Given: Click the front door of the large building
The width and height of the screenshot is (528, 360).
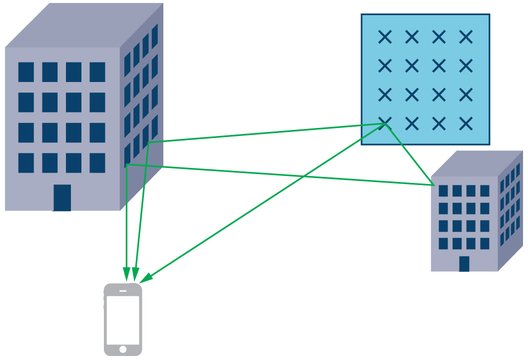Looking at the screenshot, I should tap(62, 197).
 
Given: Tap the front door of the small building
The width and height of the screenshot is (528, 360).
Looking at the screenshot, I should tap(464, 263).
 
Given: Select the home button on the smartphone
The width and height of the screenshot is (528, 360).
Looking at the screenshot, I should tap(123, 348).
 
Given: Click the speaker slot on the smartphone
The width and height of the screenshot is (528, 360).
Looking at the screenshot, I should tap(123, 291).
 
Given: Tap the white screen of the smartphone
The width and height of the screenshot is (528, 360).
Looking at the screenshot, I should tap(123, 319).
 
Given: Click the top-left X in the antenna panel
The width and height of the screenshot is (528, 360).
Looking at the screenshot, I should tap(385, 36).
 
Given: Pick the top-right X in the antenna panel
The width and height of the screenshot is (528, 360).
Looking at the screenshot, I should tap(466, 36).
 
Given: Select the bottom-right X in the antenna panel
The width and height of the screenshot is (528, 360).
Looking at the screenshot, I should tap(466, 123).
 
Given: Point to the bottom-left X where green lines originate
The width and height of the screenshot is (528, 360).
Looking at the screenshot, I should tap(385, 123).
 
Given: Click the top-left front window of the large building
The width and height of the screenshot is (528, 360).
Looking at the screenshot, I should tap(26, 72).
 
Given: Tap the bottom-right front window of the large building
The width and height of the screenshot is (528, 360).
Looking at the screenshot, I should tap(97, 163).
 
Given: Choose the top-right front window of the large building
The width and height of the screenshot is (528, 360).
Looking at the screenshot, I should tap(97, 72).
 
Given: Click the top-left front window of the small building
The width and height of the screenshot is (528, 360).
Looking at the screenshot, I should tap(443, 191).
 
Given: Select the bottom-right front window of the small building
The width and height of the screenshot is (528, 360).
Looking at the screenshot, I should tap(485, 243).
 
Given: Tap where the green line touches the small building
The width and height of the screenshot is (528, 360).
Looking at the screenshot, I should tap(433, 185).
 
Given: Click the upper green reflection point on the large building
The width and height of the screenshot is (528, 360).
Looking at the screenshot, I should tap(149, 142).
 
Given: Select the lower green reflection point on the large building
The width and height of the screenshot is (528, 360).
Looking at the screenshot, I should tap(127, 164).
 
